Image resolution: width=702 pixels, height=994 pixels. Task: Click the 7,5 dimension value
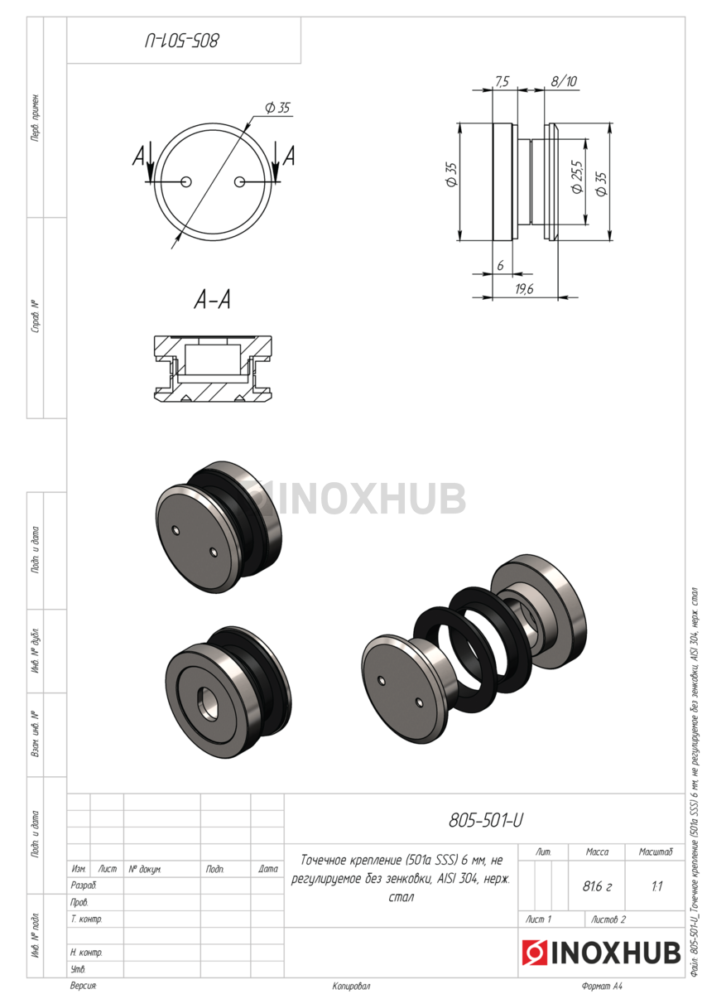tap(502, 82)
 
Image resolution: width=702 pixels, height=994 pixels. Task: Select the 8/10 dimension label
tap(564, 81)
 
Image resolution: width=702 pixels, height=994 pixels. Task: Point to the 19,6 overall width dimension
tap(524, 289)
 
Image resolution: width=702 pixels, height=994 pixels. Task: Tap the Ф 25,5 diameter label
tap(577, 176)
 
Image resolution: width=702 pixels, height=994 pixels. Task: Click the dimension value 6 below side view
tap(500, 265)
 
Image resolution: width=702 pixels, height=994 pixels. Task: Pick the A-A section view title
tap(213, 300)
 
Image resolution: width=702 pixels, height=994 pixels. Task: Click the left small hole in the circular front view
tap(186, 182)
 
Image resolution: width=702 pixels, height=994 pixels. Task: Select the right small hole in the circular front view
tap(239, 182)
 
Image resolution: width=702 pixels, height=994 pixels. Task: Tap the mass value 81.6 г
tap(597, 886)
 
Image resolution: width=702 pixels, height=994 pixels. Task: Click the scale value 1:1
tap(656, 886)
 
